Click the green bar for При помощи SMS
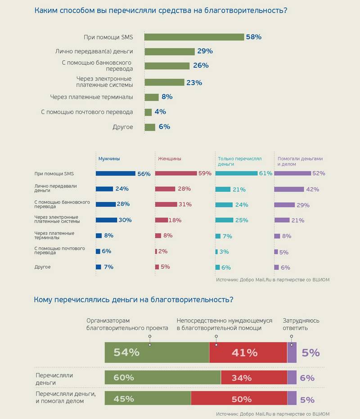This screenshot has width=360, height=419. (x=194, y=37)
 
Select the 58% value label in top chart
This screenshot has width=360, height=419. (x=253, y=37)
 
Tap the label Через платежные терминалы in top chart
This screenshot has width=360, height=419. (x=91, y=97)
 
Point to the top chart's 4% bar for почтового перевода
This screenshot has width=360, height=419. (x=148, y=112)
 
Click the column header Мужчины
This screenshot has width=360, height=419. (x=109, y=159)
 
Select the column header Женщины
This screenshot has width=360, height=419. (x=170, y=159)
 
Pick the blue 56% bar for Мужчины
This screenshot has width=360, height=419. (x=116, y=174)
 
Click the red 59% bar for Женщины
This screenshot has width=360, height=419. (x=176, y=174)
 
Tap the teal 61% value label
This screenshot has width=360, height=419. (x=265, y=174)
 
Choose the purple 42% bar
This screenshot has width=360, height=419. (x=289, y=189)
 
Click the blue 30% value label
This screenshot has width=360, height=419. (x=125, y=220)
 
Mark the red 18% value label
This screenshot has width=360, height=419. (x=175, y=220)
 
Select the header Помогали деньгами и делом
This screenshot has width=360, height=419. (x=300, y=161)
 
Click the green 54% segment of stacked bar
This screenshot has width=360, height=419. (x=157, y=352)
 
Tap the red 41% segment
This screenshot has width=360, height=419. (x=248, y=352)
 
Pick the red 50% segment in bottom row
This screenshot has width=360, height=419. (x=239, y=399)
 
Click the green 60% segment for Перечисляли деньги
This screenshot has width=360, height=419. (x=162, y=378)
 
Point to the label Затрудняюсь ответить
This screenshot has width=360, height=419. (x=301, y=324)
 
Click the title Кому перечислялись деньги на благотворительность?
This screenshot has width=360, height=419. (x=134, y=299)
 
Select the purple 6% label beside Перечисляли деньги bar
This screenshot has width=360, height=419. (x=307, y=378)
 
